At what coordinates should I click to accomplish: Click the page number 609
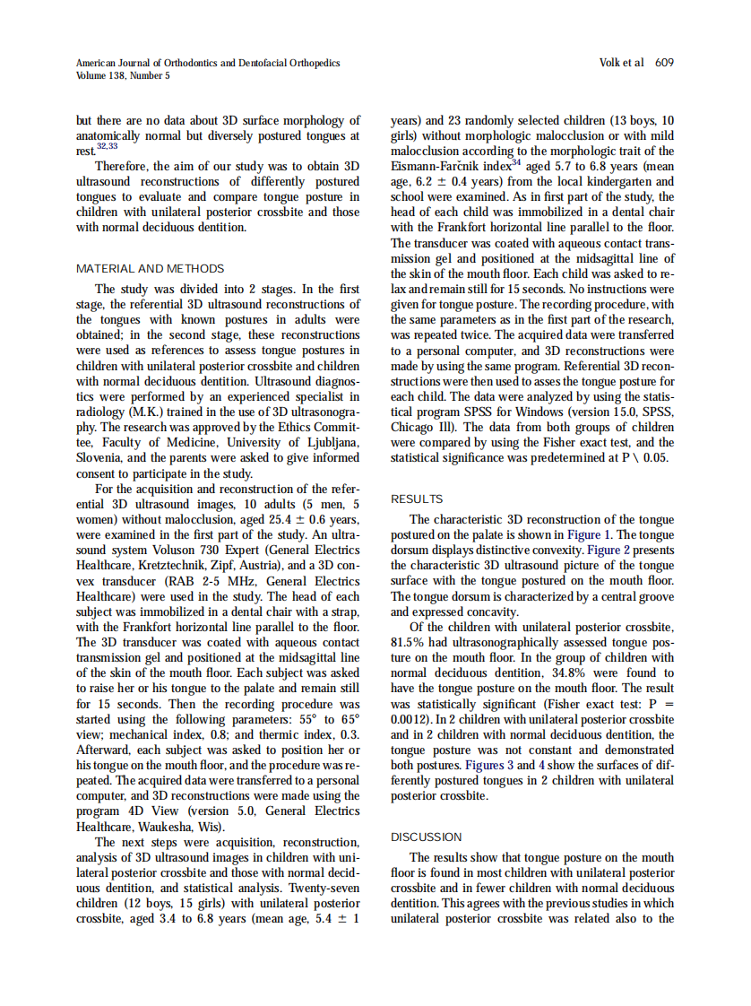(x=664, y=63)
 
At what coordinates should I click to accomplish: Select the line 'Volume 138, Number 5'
(x=123, y=76)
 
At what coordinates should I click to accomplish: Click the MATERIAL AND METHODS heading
(x=150, y=268)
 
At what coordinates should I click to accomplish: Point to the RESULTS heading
(x=417, y=499)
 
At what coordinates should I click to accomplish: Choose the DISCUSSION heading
(x=427, y=837)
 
